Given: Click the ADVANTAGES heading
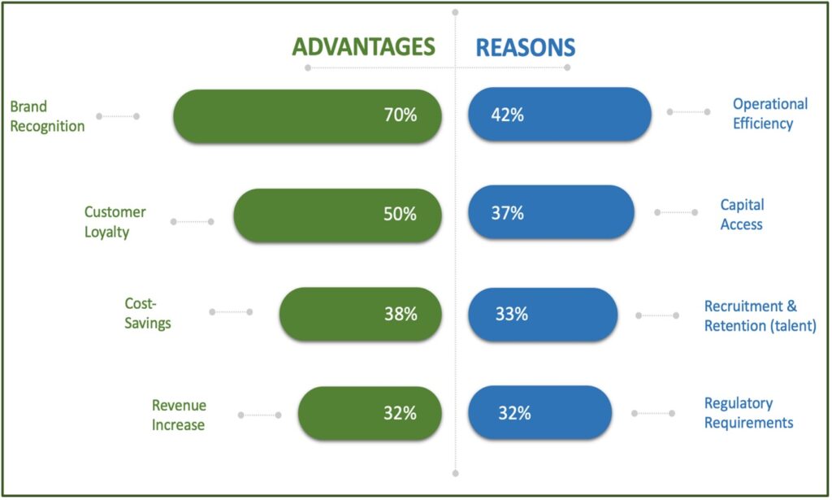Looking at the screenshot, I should (x=363, y=47).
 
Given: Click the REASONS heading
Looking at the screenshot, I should (x=525, y=47).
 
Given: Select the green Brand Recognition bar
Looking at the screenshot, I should (x=307, y=115).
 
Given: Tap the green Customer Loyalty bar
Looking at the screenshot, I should (x=337, y=215).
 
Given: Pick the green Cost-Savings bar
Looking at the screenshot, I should (x=360, y=314).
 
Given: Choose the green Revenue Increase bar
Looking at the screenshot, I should (x=370, y=413).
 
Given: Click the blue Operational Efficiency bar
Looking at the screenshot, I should (x=560, y=115).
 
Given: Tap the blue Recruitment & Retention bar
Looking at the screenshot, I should (x=543, y=314).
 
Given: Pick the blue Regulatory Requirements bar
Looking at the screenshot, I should (x=539, y=413).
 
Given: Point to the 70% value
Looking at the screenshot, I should (x=401, y=115).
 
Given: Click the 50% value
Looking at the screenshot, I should (x=401, y=215).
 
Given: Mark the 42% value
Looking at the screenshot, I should (x=507, y=115).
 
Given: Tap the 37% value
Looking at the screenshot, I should (x=507, y=214).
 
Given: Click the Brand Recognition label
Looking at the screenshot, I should (x=47, y=116).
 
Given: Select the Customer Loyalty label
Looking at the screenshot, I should (x=115, y=222).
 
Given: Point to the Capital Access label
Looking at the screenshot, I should (x=742, y=214).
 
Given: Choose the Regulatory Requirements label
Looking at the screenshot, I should (x=748, y=413).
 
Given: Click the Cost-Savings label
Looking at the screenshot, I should (x=147, y=313).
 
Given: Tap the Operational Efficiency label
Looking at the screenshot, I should (x=769, y=114).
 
